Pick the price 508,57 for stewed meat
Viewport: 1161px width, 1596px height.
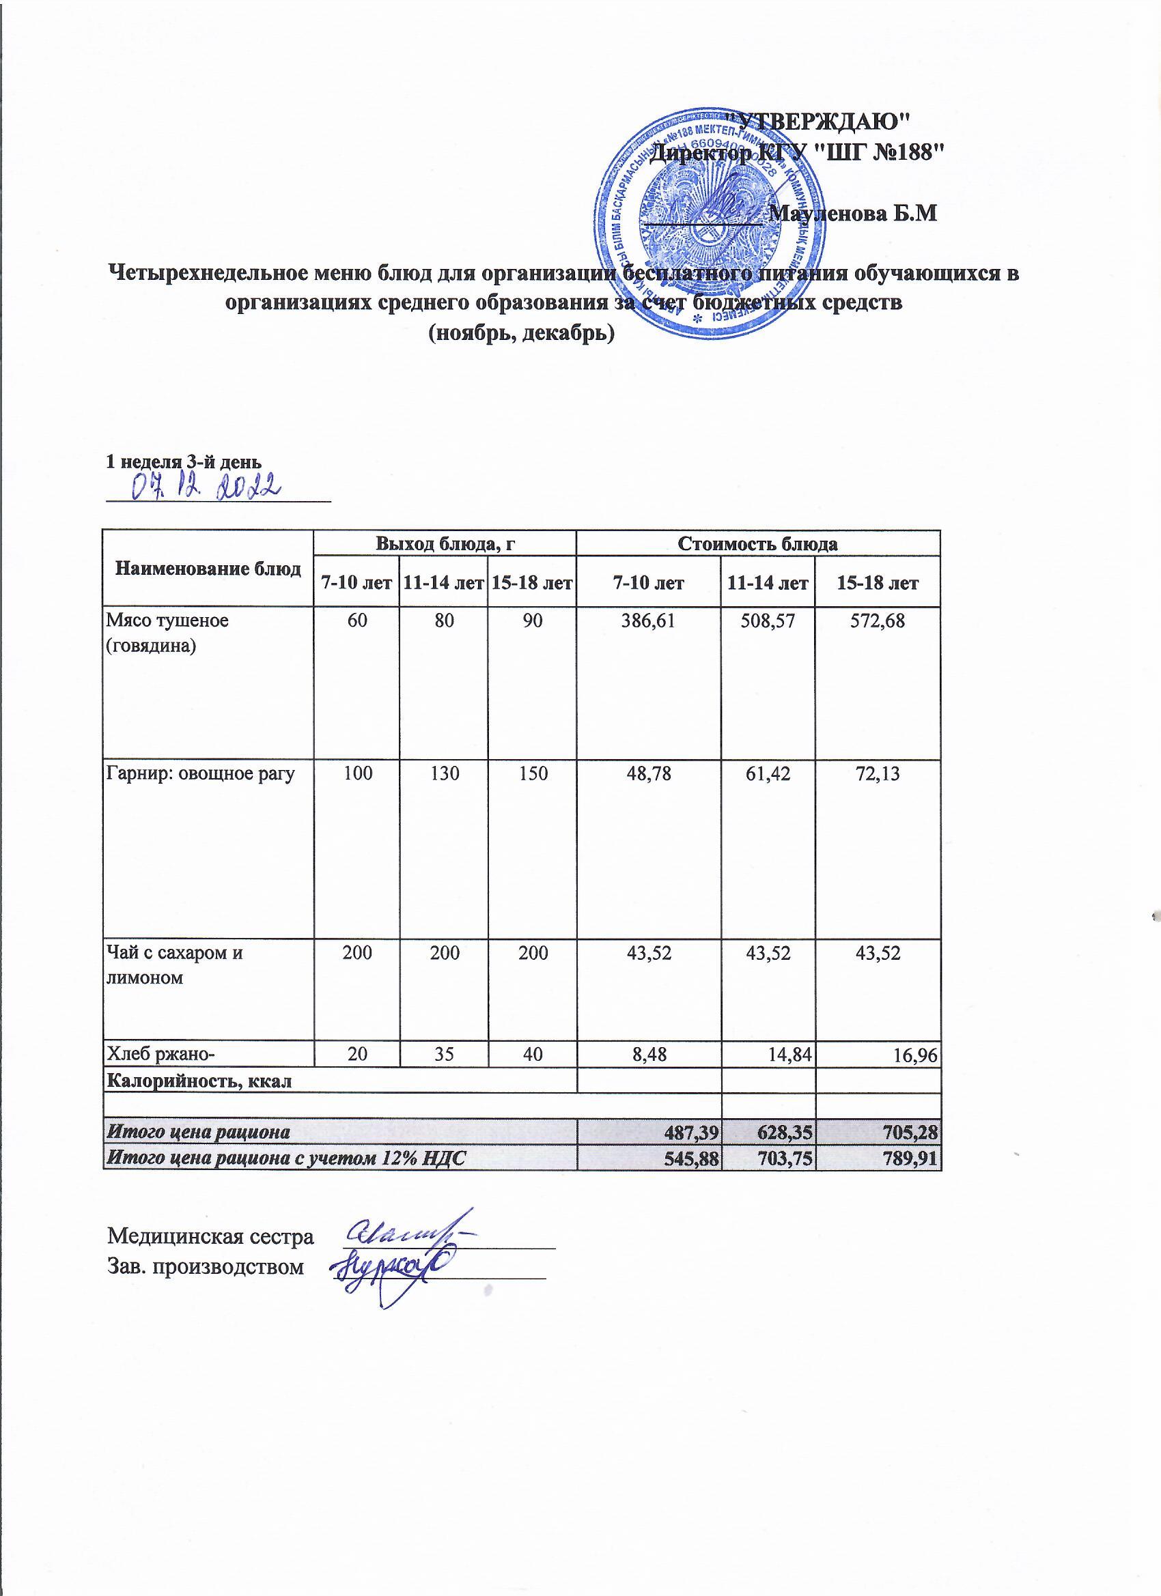point(768,621)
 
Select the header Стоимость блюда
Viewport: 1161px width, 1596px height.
point(757,543)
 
